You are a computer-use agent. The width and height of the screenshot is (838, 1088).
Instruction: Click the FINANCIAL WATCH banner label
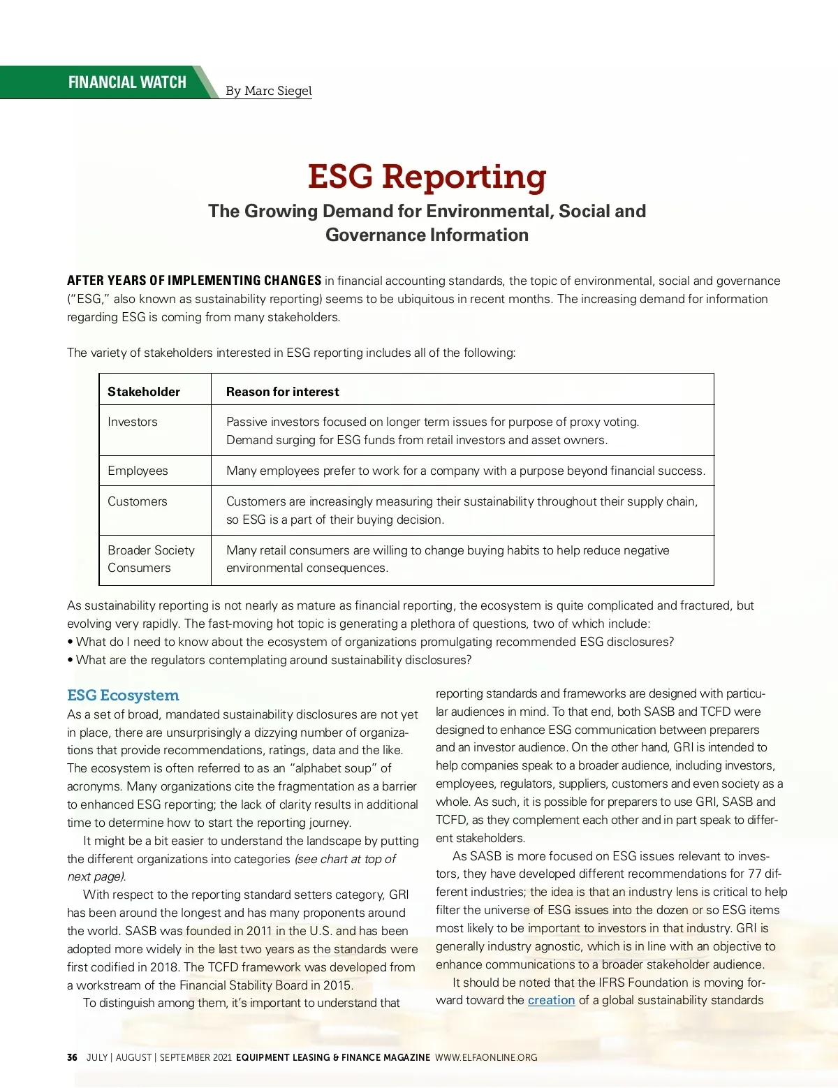point(127,82)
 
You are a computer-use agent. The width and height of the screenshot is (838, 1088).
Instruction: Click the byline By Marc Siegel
point(269,91)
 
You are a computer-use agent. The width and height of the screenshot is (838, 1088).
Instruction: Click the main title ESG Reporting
point(427,176)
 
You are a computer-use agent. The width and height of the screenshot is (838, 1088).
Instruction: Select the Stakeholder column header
point(144,392)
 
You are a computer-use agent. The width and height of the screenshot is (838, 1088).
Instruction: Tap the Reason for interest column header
point(282,392)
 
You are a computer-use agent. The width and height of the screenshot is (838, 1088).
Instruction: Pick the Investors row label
point(133,422)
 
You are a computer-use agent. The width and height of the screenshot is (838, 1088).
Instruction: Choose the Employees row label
point(138,471)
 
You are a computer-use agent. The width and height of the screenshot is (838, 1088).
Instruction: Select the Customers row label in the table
point(138,501)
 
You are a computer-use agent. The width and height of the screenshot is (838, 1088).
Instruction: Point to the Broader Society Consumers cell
point(151,559)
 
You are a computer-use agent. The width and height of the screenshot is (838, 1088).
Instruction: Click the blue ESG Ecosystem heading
point(123,696)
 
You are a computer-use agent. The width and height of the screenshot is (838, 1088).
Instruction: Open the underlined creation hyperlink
point(551,1000)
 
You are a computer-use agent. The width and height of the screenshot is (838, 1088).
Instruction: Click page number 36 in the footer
point(72,1057)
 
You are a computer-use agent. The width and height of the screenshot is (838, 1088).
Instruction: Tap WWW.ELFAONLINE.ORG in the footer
point(486,1057)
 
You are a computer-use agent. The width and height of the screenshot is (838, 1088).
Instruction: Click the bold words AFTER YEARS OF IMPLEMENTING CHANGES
point(194,281)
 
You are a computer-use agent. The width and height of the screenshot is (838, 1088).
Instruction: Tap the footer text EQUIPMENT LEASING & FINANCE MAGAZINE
point(333,1057)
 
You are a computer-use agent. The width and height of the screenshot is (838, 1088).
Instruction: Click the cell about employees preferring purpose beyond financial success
point(465,471)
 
